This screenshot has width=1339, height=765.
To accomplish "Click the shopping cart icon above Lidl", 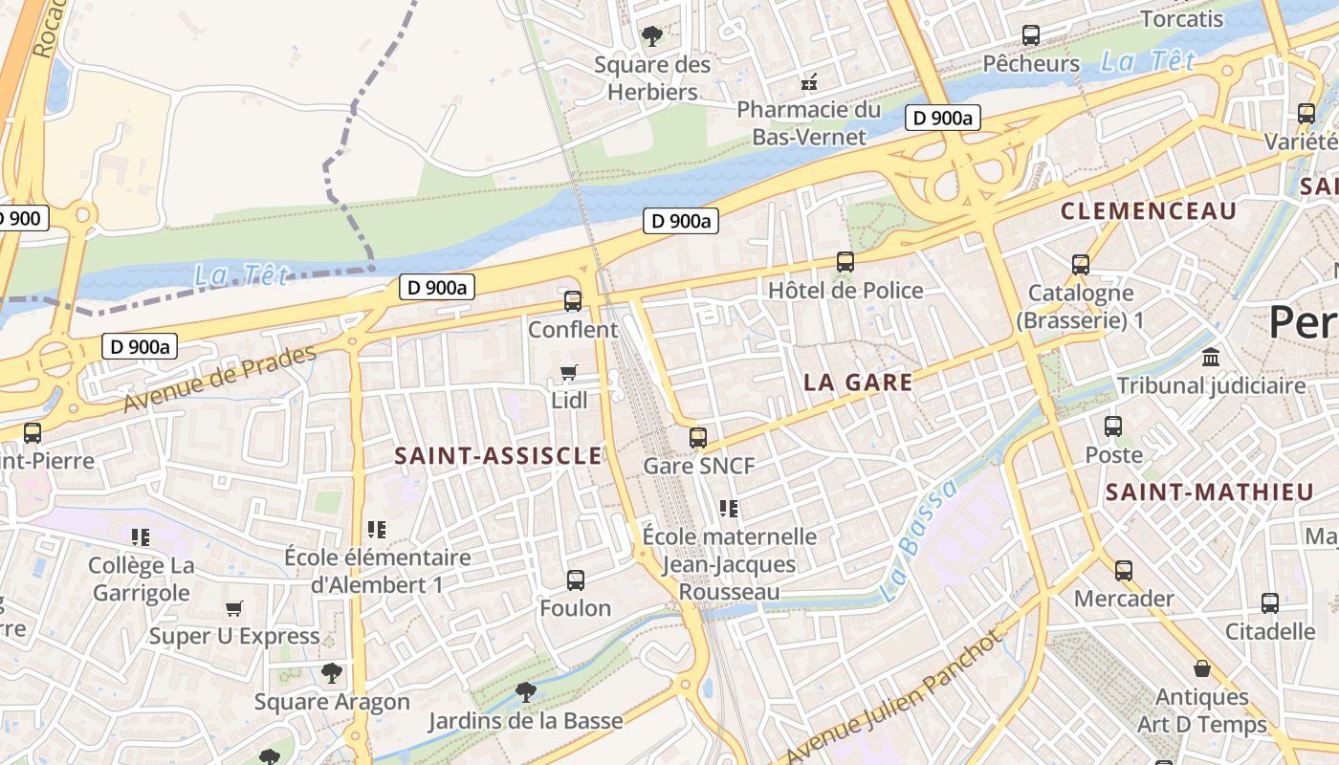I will [569, 372].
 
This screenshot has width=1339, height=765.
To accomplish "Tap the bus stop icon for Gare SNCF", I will [698, 438].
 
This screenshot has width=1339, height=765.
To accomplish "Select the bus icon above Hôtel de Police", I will [845, 262].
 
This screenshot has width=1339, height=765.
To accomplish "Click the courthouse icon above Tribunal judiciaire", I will [1211, 358].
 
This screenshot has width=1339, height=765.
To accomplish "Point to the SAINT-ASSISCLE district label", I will [498, 456].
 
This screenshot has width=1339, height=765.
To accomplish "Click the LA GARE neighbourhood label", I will [858, 382].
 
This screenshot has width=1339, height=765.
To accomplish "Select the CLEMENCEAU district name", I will [1149, 211].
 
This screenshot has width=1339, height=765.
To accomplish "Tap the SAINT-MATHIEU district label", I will [1209, 492].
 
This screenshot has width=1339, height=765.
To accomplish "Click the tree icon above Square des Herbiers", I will [652, 36].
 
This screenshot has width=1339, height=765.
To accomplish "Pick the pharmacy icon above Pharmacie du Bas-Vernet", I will [809, 82].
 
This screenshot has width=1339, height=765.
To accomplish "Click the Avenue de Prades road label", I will [219, 380].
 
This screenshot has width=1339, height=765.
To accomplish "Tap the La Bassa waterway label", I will [918, 540].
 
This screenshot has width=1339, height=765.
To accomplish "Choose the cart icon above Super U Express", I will [234, 608].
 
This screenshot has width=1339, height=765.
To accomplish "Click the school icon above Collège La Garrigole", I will [142, 537].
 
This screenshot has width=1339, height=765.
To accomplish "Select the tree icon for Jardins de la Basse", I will [525, 691].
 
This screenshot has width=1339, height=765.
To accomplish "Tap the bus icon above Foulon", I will [576, 579].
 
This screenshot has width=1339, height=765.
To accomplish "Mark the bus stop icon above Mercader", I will [1124, 571].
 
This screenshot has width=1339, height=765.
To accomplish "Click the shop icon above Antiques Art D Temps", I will [1202, 668].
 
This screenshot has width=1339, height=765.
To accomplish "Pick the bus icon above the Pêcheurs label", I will [1031, 35].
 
